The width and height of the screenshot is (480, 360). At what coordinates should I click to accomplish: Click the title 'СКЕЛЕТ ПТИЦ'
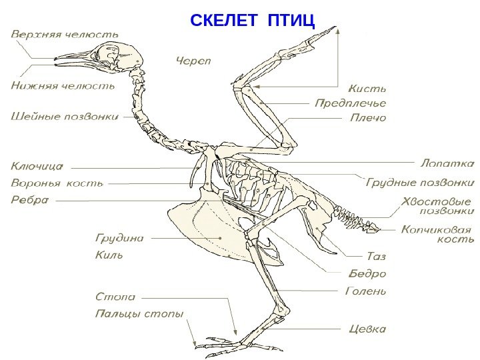(x=253, y=21)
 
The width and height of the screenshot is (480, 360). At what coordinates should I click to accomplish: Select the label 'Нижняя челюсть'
(x=62, y=85)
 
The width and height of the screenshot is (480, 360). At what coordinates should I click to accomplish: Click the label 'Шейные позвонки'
(x=65, y=116)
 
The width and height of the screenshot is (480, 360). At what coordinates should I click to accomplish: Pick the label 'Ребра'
(x=30, y=199)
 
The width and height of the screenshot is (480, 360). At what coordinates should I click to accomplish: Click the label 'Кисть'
(x=368, y=87)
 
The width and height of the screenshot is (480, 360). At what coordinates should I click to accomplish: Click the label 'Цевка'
(x=368, y=329)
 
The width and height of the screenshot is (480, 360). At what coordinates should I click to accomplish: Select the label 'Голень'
(x=367, y=291)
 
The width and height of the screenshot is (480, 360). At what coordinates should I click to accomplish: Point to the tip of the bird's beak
(x=55, y=60)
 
